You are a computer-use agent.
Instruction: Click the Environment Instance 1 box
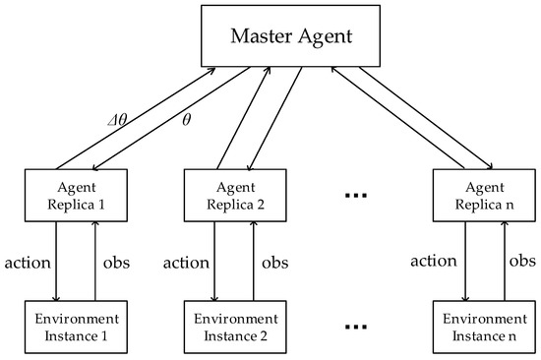click(75, 326)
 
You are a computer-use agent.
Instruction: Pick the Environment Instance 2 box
click(228, 326)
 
